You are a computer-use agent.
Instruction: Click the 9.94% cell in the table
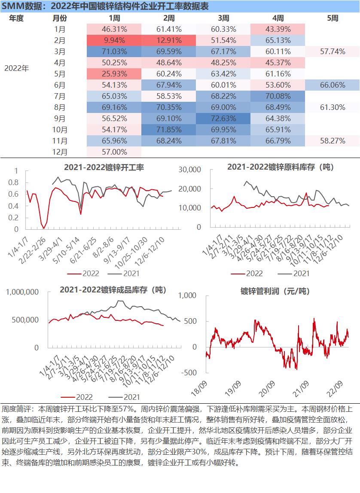tap(114, 40)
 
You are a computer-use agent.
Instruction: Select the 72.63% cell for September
tap(223, 119)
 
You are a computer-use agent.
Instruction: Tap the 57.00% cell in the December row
tap(114, 152)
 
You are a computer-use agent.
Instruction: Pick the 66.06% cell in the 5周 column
tap(333, 85)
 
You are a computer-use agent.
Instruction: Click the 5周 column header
tap(333, 18)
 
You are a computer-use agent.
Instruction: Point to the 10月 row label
tap(60, 130)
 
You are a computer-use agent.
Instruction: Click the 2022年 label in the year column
tap(16, 68)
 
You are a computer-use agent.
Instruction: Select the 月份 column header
tap(60, 18)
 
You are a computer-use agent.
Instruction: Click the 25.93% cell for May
tap(114, 74)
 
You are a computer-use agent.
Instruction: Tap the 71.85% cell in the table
tap(169, 130)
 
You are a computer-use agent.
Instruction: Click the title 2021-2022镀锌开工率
tap(104, 167)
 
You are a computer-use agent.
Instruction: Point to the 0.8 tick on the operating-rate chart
tap(13, 183)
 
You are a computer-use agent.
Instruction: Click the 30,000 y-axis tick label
tap(189, 170)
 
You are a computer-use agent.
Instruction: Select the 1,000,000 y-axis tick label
tap(22, 292)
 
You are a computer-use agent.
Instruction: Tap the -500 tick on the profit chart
tap(189, 373)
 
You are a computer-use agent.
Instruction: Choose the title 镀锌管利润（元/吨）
tap(275, 291)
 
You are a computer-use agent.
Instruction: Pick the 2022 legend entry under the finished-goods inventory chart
tap(77, 397)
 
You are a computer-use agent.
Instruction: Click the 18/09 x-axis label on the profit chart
tap(199, 388)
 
